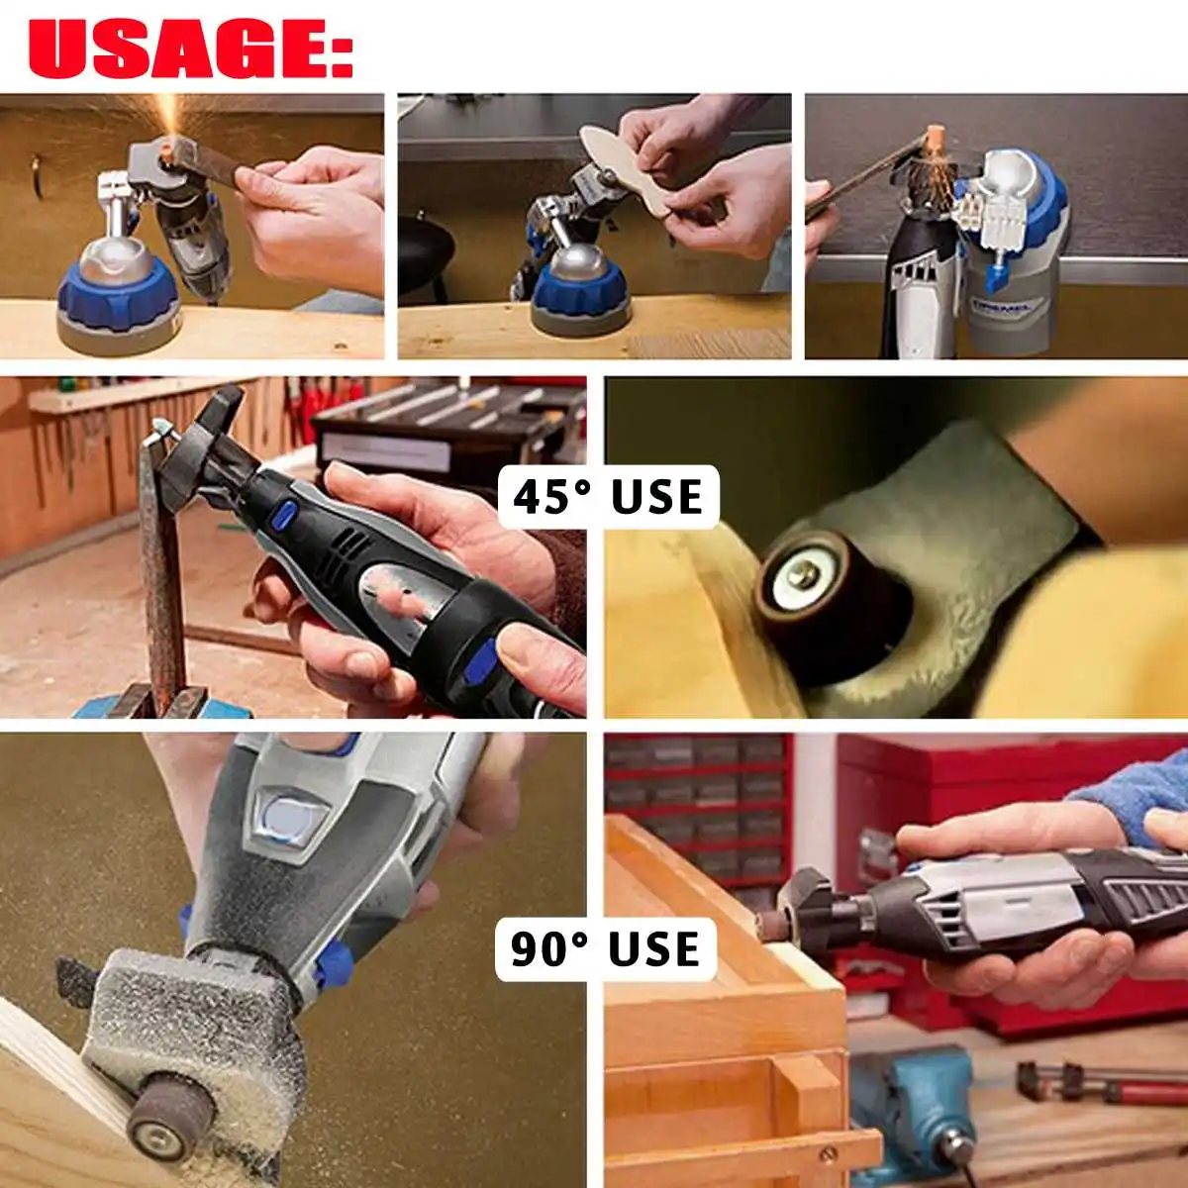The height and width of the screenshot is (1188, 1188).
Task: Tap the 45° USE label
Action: [608, 497]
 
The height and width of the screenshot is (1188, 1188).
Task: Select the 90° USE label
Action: [606, 948]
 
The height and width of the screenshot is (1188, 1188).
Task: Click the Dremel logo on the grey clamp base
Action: [1002, 306]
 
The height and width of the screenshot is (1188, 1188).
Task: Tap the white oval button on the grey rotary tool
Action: [288, 819]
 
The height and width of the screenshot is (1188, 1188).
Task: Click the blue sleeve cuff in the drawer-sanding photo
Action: [1135, 795]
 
